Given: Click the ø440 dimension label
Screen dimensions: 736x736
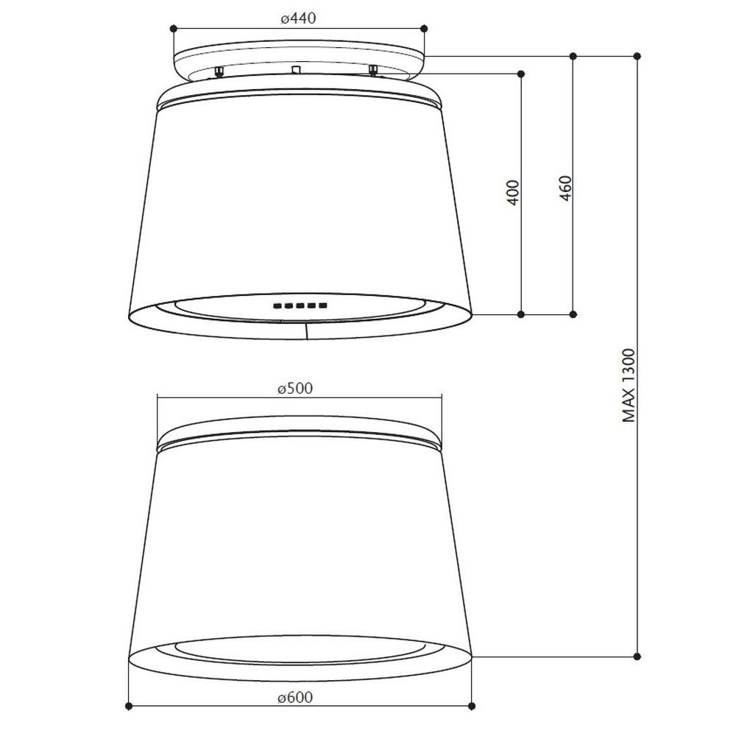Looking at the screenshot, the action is [299, 19].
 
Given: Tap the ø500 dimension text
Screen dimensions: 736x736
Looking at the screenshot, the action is [295, 389].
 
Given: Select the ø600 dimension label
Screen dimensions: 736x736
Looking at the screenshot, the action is [295, 697].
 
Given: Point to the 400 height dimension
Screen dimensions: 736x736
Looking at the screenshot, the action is [514, 192].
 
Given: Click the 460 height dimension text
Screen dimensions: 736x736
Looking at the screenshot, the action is [566, 188].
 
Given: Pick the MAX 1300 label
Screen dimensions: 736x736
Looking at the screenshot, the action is [629, 386].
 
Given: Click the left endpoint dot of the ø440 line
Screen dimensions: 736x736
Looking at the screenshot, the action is [174, 29].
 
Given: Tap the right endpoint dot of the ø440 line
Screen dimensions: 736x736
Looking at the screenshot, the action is [425, 29].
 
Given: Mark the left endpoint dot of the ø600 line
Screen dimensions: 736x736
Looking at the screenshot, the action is [129, 706].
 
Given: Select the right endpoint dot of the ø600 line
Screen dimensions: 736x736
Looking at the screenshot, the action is [473, 706].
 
